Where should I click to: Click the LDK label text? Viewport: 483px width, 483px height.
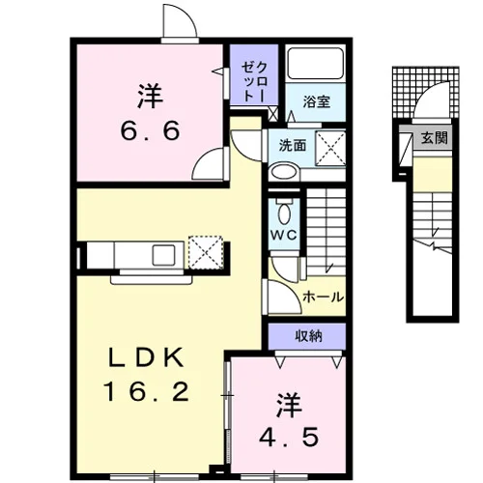pos(147,357)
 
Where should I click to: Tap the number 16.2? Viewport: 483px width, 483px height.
pos(146,391)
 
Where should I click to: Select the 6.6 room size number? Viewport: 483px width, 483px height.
pos(150,130)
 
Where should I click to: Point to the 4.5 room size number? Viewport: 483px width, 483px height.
pos(289,437)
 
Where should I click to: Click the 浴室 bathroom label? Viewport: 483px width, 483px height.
pos(316,101)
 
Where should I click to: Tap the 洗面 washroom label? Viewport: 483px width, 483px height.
pos(293,146)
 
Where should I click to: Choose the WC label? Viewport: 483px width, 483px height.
pos(284,235)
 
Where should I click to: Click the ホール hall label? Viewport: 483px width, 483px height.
pos(324,297)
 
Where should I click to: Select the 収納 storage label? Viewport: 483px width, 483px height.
pos(308,336)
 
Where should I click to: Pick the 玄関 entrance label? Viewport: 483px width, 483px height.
pos(435,138)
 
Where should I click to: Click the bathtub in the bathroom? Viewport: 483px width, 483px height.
pos(315,64)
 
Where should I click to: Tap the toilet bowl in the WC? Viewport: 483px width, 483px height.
pos(284,213)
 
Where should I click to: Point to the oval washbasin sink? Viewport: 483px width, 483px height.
pos(284,171)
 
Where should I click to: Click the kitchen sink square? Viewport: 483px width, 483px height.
pos(164,255)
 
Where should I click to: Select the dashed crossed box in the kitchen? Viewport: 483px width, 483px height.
pos(206,252)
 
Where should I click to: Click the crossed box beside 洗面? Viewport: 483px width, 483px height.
pos(330,149)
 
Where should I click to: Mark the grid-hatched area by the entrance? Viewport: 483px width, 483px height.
pos(426,93)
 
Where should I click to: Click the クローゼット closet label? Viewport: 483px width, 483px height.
pos(254,81)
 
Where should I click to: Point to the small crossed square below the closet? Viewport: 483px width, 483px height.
pos(272,115)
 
